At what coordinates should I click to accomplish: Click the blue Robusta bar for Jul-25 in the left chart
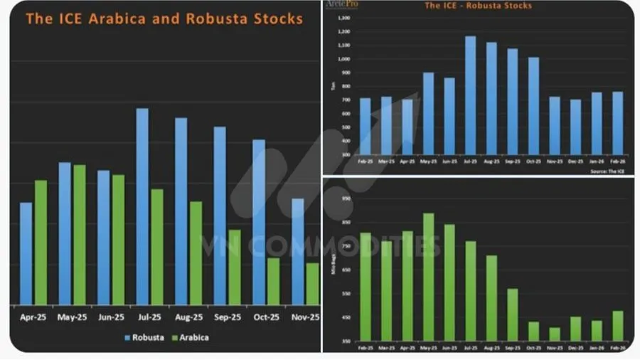[x=142, y=206]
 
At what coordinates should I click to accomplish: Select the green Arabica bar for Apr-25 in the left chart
[x=41, y=242]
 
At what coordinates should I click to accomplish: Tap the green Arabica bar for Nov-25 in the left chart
[x=312, y=284]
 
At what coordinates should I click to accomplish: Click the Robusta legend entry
[x=144, y=337]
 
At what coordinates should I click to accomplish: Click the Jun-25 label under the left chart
[x=111, y=317]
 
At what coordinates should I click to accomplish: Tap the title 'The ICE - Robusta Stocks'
[x=477, y=6]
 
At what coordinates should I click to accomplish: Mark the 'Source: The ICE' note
[x=609, y=171]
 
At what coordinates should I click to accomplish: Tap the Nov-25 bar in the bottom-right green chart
[x=555, y=334]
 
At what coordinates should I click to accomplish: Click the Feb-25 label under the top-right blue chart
[x=365, y=161]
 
